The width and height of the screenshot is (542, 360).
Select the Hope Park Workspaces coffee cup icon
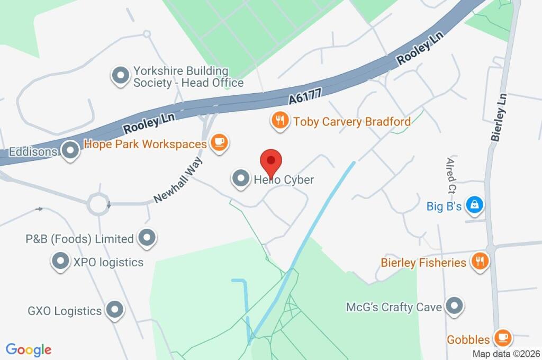pyautogui.click(x=219, y=143)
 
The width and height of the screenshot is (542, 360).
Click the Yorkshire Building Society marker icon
pyautogui.click(x=121, y=76)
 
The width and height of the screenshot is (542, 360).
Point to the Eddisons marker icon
pyautogui.click(x=70, y=151)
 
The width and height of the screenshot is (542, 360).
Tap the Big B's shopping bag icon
pyautogui.click(x=475, y=205)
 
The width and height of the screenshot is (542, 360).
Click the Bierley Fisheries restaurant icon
pyautogui.click(x=480, y=262)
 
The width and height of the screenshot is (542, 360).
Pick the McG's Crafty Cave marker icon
pyautogui.click(x=454, y=306)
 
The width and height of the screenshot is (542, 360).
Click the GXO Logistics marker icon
pyautogui.click(x=114, y=310)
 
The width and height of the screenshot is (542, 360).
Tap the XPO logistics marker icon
pyautogui.click(x=60, y=261)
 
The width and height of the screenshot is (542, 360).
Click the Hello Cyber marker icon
pyautogui.click(x=241, y=179)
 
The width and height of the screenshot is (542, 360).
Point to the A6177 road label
pyautogui.click(x=305, y=95)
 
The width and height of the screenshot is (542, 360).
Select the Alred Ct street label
pyautogui.click(x=451, y=175)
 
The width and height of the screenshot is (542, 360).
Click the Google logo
pyautogui.click(x=29, y=350)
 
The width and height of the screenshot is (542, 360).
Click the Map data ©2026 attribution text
pyautogui.click(x=505, y=354)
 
